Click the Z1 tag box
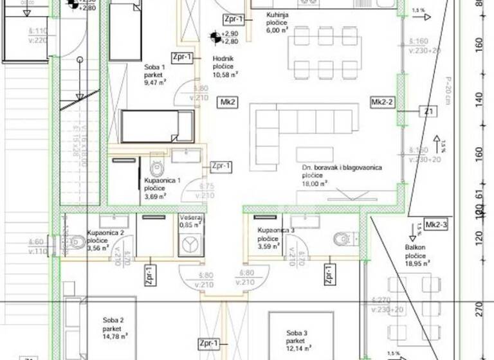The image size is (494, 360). coord(427,112)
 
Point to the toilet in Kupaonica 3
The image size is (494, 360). coord(338,239)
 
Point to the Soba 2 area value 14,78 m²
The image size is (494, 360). coord(114,335)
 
